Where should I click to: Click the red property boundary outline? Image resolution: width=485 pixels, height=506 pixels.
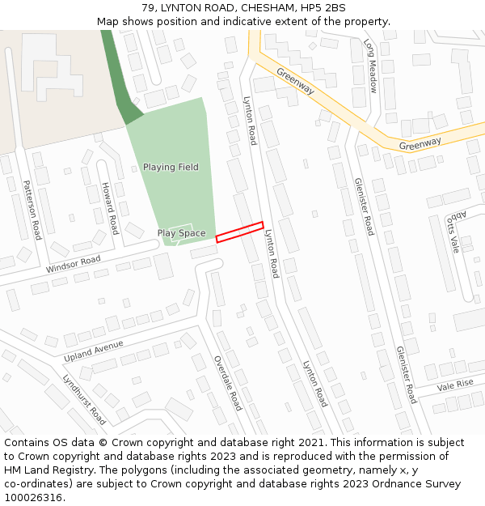pos(239,232)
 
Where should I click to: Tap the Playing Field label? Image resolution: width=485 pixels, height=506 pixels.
pos(171,168)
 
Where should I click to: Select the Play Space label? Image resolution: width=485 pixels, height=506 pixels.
pos(181,233)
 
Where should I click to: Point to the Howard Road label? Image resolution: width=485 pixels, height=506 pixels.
pos(109,208)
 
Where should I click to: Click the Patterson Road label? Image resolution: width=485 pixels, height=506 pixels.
pos(32,210)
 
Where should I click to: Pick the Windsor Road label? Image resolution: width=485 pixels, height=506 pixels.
pos(74,264)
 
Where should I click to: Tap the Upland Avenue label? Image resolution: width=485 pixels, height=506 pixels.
pos(94,351)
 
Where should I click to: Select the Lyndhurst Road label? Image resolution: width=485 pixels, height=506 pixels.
pos(85,400)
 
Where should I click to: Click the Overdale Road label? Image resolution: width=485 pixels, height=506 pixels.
pos(228,382)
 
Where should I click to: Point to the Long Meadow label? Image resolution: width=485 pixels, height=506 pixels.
pos(371,66)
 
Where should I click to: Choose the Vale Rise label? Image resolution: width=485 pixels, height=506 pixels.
pos(455,385)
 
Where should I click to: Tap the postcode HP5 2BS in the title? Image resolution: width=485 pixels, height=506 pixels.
pos(322,8)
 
